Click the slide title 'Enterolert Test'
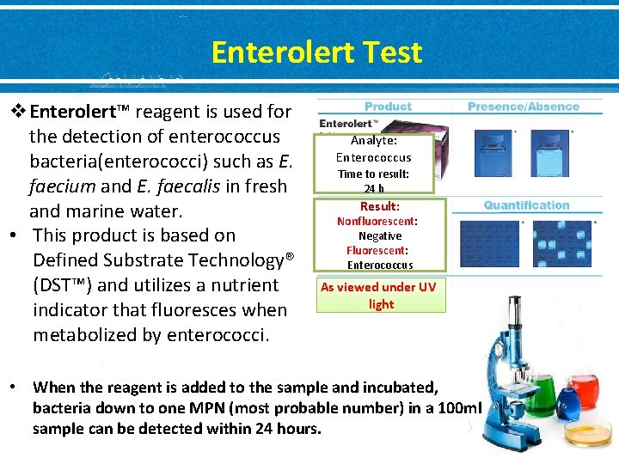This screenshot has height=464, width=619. (x=316, y=53)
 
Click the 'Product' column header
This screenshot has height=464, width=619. (x=388, y=107)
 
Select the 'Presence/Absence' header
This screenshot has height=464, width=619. (x=523, y=107)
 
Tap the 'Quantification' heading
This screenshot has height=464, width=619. (x=526, y=205)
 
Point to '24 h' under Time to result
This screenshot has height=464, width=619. (x=374, y=189)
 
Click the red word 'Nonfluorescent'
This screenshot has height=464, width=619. (x=376, y=221)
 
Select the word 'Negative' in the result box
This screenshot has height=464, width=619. (x=380, y=235)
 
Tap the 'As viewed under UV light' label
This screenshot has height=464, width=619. (x=380, y=295)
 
